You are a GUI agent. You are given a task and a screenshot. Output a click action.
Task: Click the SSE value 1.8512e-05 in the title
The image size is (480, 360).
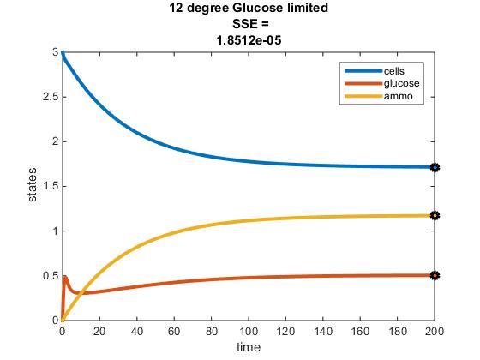pos(240,39)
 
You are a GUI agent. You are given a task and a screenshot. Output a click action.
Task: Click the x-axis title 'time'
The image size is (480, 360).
pos(249,346)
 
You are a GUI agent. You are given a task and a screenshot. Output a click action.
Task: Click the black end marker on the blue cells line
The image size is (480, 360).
pos(435,167)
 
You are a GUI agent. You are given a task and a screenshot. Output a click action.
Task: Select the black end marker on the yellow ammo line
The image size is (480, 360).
pos(435,216)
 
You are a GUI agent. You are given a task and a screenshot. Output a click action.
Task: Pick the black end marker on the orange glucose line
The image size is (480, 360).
pos(435,275)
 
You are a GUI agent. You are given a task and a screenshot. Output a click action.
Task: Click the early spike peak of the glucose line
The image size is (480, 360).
pos(65,276)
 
